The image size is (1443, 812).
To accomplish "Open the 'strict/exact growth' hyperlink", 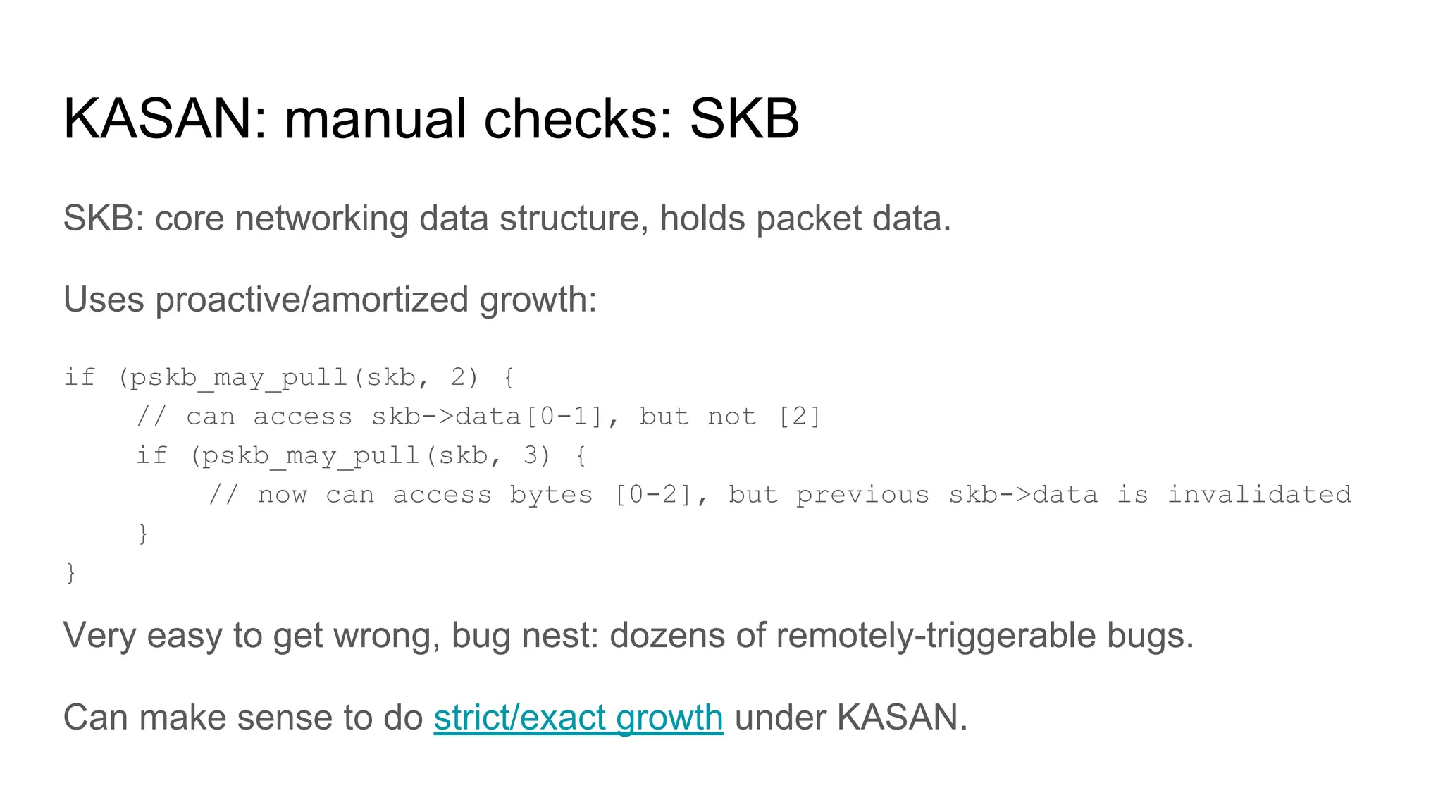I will tap(578, 718).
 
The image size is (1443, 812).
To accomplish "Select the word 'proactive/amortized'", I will tap(311, 300).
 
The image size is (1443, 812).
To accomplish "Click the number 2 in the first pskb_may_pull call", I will tap(459, 378).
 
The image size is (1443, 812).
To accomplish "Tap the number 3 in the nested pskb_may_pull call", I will tap(531, 456).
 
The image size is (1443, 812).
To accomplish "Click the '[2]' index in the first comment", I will tap(800, 417).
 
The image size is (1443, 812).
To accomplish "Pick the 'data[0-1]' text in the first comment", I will tap(530, 417).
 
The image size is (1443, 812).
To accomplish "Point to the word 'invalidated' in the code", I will tap(1260, 495).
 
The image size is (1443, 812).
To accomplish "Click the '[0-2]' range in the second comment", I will tap(655, 495).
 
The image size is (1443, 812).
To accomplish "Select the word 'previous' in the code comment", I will tap(862, 495).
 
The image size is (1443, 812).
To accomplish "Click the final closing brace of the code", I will tap(70, 572).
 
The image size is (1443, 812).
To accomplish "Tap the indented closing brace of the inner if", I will tap(143, 534).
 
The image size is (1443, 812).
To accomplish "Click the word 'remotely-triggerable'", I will tap(936, 636).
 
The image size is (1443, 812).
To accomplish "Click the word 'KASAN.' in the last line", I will tap(902, 718).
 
